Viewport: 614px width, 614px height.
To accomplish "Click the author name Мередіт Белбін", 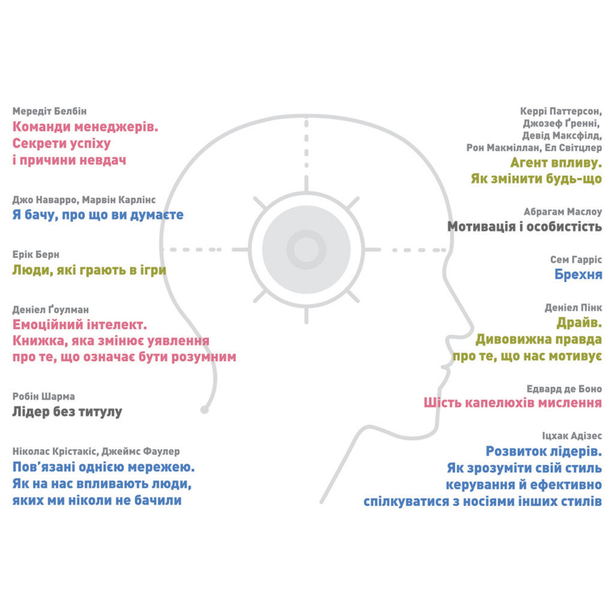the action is (x=49, y=111).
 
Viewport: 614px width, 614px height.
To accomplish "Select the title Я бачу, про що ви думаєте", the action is (x=98, y=215).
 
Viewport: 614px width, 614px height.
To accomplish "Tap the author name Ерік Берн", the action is (x=35, y=254).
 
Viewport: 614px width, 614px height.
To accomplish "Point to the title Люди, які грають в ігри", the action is (x=89, y=270).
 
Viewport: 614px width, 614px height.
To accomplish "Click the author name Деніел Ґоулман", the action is (x=50, y=309).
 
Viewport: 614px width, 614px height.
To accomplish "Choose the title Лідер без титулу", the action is (x=67, y=411).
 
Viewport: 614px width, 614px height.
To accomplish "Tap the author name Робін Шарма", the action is (x=43, y=396).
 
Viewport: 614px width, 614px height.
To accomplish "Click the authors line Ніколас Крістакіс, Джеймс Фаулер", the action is (x=96, y=452).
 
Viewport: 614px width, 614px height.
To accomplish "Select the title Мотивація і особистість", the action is (x=524, y=226).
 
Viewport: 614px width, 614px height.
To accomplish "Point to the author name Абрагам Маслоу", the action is (x=562, y=212).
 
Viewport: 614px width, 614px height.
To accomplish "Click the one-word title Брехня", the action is (x=578, y=275).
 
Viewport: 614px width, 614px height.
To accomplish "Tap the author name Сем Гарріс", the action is (x=576, y=259).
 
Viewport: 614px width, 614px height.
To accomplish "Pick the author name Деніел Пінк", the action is (x=573, y=308).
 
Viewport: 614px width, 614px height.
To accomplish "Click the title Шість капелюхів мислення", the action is (x=513, y=402).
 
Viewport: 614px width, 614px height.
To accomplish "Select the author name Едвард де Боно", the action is (x=564, y=389).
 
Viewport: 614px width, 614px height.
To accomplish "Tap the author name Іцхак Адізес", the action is (x=572, y=436).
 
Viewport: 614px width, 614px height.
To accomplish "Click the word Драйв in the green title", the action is (x=577, y=323).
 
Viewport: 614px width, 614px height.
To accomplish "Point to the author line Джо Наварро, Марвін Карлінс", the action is (x=84, y=200).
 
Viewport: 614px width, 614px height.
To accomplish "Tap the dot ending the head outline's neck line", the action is (x=204, y=410).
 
